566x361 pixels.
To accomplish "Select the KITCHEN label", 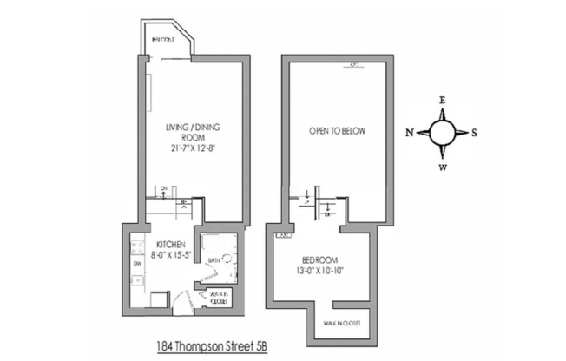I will coord(171,246).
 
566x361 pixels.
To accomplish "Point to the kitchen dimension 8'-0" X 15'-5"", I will coord(171,258).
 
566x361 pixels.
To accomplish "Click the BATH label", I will coord(214,259).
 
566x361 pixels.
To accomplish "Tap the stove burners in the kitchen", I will coord(137,247).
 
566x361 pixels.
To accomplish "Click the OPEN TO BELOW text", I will coord(338,132).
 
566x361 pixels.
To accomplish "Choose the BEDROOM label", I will coord(320,260).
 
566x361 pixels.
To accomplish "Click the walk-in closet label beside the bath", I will coord(217,299).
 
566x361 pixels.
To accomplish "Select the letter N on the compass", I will coord(409,133).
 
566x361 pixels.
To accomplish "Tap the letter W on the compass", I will coord(442,167).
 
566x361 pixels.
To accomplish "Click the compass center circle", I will coord(442,133).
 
